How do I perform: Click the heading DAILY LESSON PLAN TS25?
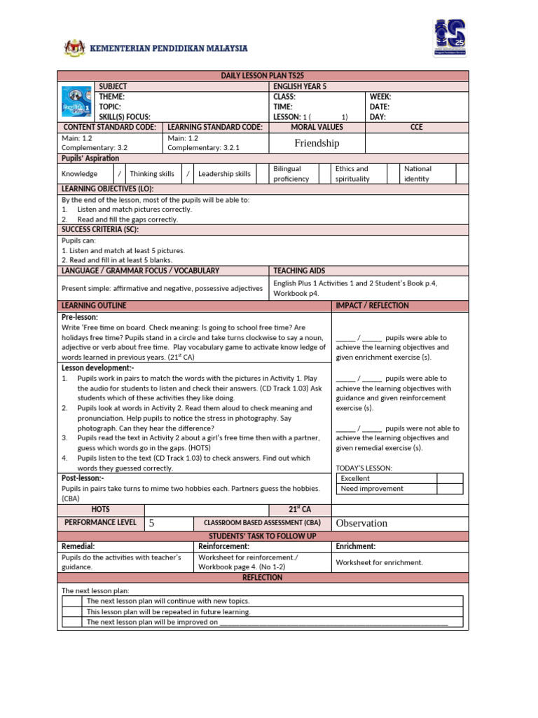click(262, 76)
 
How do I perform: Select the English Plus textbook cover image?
click(76, 102)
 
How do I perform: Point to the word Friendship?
click(317, 143)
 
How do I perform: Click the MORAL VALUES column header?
click(317, 127)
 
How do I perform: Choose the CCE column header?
click(416, 127)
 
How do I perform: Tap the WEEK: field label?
click(380, 97)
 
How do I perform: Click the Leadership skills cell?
click(224, 174)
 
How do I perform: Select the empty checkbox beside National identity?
click(462, 174)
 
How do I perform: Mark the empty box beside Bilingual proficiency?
click(325, 174)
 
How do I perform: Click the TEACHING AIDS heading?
click(299, 270)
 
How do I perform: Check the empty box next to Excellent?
click(449, 478)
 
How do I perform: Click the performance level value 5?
click(151, 523)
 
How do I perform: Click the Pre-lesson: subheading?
click(80, 317)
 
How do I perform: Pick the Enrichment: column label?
click(355, 546)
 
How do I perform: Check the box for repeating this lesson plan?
click(72, 611)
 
